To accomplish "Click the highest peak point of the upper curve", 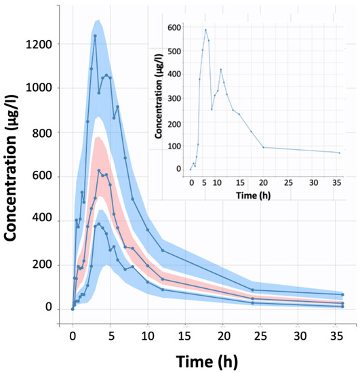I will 95,36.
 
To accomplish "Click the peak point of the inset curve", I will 206,30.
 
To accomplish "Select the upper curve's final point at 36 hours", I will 343,294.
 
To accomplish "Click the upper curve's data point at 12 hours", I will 163,250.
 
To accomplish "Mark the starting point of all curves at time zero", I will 73,309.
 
